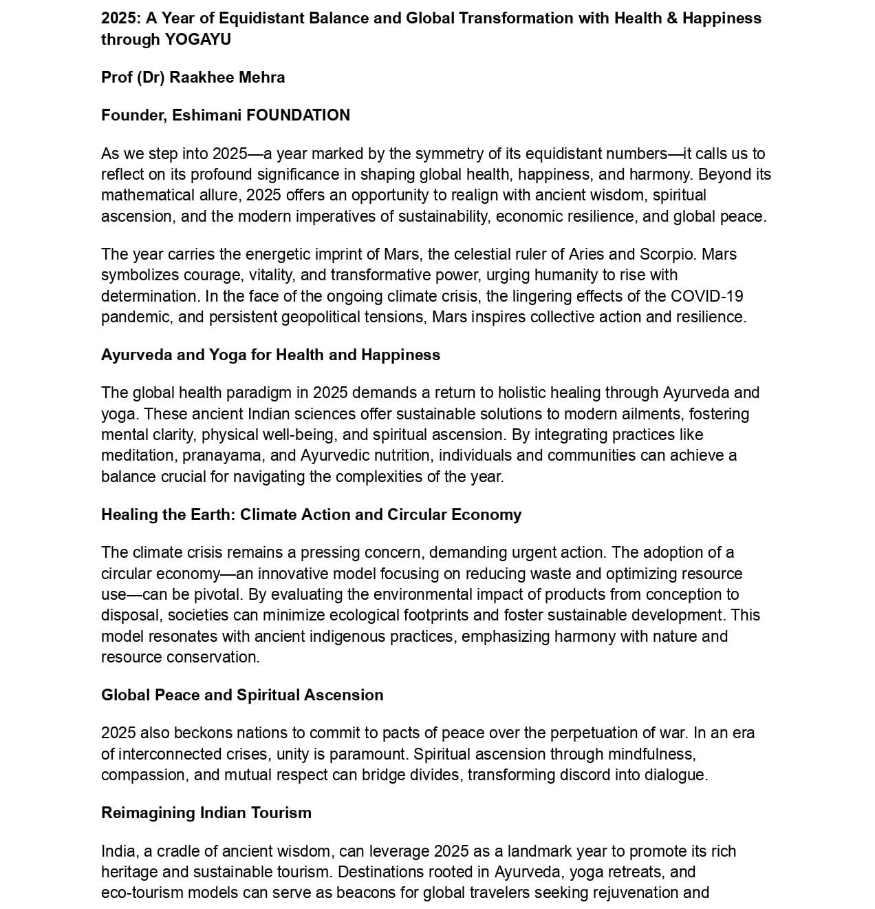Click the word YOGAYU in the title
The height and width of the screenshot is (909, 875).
coord(197,39)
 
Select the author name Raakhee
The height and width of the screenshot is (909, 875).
coord(202,77)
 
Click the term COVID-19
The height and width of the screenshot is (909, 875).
coord(706,296)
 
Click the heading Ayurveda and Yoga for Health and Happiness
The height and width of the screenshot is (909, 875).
coord(270,355)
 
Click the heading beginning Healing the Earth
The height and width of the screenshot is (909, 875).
coord(311,515)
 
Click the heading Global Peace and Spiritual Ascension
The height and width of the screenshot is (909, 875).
coord(242,696)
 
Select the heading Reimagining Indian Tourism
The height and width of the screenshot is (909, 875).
coord(206,813)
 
